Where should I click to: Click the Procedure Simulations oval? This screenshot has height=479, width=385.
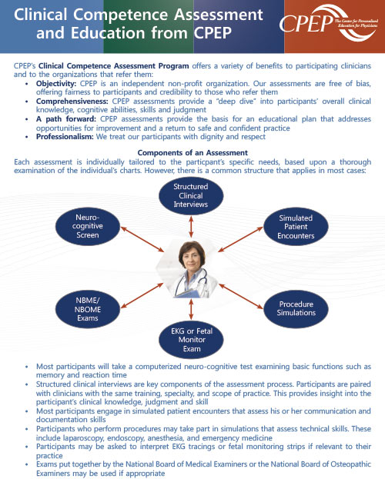[x=296, y=308]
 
